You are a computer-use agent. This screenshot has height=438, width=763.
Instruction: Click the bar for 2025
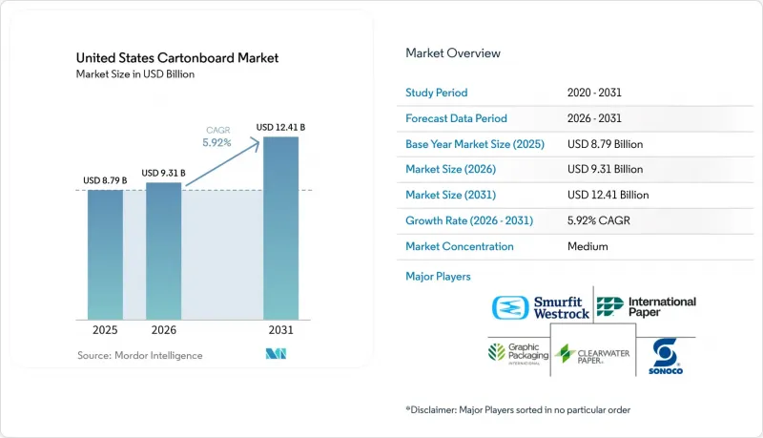105,255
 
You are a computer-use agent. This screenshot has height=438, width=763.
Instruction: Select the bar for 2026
163,251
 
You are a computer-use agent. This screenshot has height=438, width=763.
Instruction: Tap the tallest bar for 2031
280,228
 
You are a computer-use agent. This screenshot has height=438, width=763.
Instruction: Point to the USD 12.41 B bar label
280,128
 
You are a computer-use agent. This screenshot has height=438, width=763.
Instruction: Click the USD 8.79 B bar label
105,180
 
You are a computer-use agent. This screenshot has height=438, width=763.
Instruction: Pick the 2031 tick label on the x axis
280,330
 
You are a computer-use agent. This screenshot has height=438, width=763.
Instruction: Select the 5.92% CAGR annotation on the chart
217,136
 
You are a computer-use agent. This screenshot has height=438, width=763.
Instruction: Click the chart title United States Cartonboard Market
177,58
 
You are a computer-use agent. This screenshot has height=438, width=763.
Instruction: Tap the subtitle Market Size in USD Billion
135,74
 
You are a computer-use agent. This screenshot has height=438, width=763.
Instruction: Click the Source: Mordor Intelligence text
139,356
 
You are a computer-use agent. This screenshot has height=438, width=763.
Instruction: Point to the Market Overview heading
453,53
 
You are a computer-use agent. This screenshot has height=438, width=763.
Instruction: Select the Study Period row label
437,93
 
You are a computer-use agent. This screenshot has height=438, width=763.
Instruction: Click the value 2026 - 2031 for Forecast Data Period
594,118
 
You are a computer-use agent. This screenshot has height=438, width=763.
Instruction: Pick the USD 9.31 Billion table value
605,169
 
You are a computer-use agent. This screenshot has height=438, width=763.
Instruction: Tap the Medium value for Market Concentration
588,246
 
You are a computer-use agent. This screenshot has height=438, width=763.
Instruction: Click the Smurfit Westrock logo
540,307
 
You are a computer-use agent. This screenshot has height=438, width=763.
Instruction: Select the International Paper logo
647,307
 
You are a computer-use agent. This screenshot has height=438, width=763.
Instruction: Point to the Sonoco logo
665,356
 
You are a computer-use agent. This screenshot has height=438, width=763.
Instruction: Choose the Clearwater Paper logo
592,354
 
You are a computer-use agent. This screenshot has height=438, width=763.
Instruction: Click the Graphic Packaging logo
518,354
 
